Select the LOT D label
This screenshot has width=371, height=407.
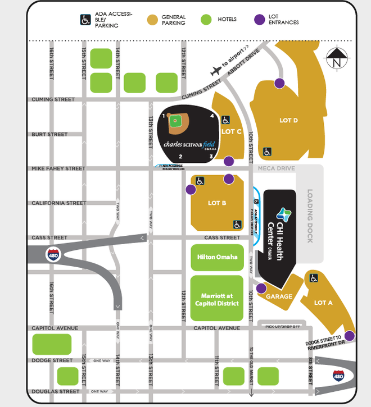[x=288, y=120]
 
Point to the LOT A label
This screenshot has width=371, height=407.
[x=323, y=303]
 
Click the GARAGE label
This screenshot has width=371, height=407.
[x=279, y=296]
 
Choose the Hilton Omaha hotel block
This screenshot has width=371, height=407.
[x=217, y=257]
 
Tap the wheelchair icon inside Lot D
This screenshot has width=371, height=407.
[x=268, y=151]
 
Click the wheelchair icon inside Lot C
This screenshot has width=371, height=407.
[x=225, y=120]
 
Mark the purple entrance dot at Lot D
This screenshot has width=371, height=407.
[x=279, y=83]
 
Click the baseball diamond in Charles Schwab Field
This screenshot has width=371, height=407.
[x=176, y=120]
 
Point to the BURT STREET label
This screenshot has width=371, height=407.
[x=49, y=135]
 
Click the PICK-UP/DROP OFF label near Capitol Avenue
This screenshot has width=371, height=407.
[x=279, y=326]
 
